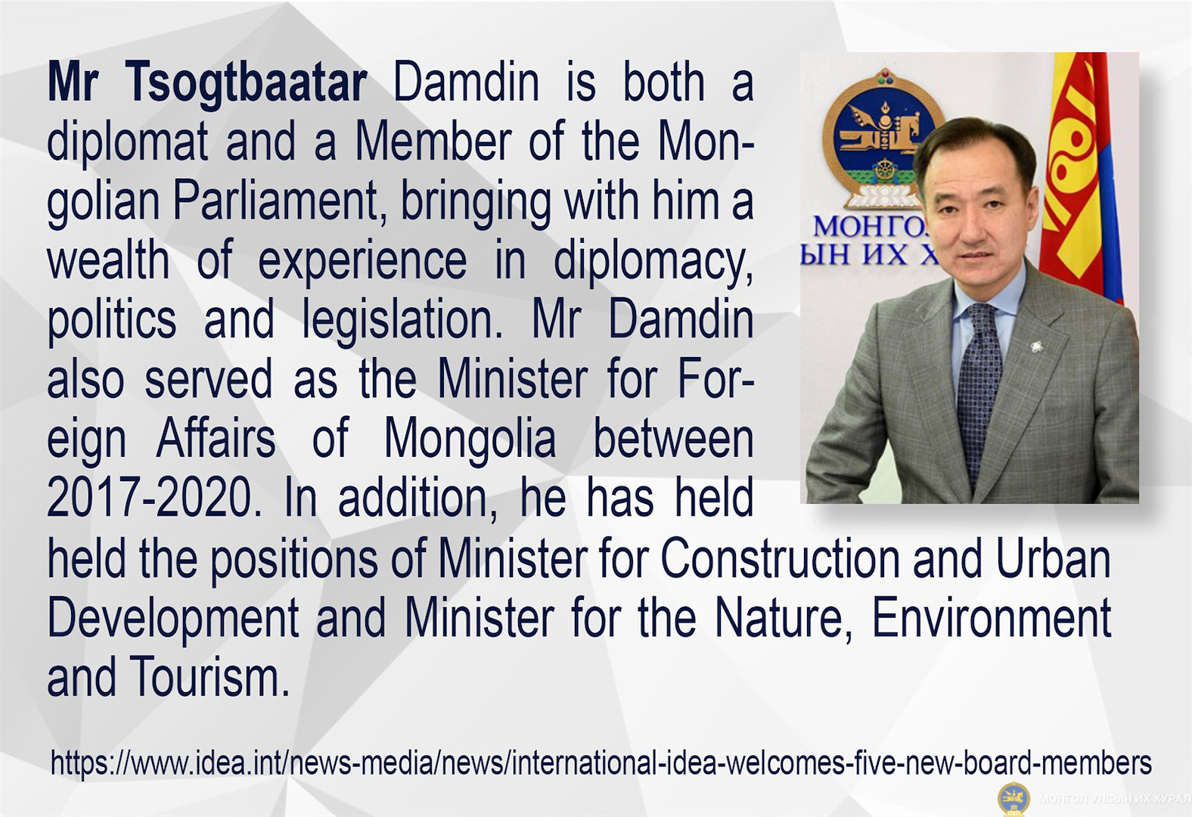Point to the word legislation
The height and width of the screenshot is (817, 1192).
click(x=403, y=321)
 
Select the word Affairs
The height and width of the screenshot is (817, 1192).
click(x=216, y=439)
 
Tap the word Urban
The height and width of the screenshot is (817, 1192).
click(x=1054, y=559)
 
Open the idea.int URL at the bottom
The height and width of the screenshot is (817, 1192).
click(x=601, y=763)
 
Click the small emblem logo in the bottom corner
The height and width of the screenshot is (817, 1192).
click(x=1014, y=798)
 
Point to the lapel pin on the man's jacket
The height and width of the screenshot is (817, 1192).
click(x=1035, y=347)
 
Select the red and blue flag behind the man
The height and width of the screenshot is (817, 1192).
click(x=1080, y=176)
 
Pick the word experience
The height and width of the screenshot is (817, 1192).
click(x=362, y=262)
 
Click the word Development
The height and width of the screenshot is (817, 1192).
click(x=173, y=620)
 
